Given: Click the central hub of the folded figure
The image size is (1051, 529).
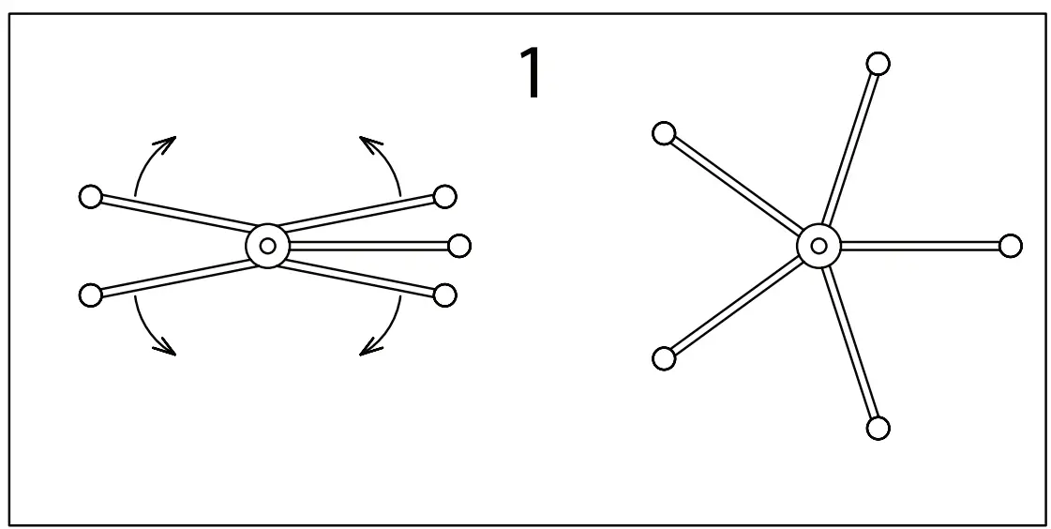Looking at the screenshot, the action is tap(268, 246).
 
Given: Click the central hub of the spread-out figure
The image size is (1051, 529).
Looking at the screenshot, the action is tap(818, 246).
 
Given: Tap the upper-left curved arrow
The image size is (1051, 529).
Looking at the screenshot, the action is tap(150, 161).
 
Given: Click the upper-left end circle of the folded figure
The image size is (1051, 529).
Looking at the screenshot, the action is tap(90, 197).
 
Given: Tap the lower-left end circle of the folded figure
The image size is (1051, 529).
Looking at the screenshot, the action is tap(90, 295).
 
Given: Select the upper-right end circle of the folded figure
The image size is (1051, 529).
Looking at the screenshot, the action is tap(445, 196).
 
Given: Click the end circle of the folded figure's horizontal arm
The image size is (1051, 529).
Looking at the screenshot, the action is tap(459, 246).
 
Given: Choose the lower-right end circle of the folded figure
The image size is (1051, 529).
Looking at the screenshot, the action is tap(445, 295).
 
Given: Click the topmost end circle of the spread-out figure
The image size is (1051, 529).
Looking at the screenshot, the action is tap(878, 64).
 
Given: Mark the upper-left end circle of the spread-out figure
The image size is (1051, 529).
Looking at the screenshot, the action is tap(664, 134).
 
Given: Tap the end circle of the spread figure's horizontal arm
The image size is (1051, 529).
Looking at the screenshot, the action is tap(1010, 246).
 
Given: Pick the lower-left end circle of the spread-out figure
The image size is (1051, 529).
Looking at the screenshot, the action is tap(663, 357).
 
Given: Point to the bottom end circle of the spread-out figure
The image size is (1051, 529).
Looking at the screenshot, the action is tap(878, 428).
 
